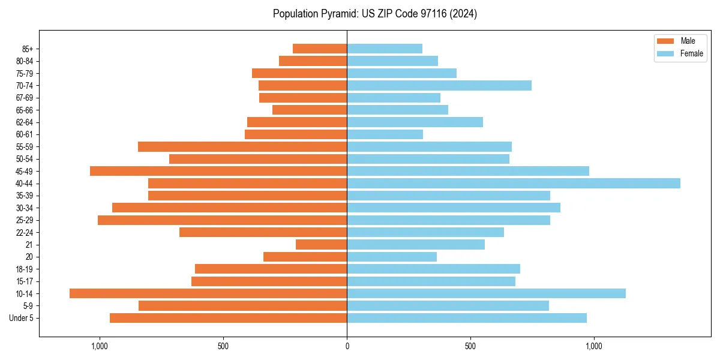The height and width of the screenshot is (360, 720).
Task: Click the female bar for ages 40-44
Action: point(513,184)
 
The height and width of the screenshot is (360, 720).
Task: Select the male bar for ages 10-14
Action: point(208,293)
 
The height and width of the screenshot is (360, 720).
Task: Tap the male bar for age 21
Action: point(321,245)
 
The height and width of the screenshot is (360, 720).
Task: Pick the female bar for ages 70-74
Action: point(439,86)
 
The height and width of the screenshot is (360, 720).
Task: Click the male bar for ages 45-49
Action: point(218,171)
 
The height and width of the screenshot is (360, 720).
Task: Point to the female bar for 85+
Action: point(385,49)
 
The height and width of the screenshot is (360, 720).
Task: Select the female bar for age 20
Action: point(392,257)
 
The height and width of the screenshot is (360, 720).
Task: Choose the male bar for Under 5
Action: point(228,318)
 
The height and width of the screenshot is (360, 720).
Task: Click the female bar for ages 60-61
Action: point(385,134)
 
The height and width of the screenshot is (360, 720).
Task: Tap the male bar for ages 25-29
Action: point(222,220)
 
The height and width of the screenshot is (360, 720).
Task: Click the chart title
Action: point(375,14)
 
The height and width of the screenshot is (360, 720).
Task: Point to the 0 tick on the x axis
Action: point(347,346)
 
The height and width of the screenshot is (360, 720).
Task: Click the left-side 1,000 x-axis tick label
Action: point(100,346)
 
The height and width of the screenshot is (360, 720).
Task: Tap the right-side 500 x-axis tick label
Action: point(470,346)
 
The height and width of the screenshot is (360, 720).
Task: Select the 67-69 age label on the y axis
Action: point(25,98)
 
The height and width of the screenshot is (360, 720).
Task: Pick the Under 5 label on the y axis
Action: point(21,318)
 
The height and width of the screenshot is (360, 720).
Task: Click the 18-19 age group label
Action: point(25,269)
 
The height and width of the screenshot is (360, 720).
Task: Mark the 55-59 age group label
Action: point(25,147)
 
